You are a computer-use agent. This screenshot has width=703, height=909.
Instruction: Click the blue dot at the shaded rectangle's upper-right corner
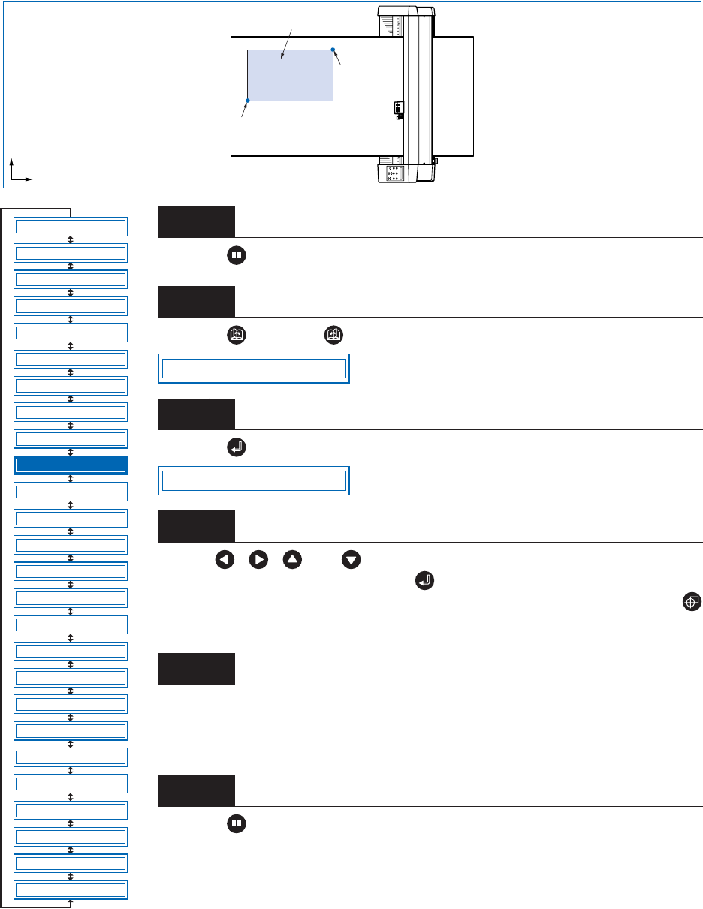pos(333,50)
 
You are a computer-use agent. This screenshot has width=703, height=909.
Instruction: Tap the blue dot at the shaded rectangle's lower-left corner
pos(248,100)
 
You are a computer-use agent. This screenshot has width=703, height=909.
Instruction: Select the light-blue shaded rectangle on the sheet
pos(290,75)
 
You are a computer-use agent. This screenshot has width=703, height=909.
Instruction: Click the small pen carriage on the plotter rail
pos(397,110)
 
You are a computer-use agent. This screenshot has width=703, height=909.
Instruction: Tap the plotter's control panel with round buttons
pos(392,174)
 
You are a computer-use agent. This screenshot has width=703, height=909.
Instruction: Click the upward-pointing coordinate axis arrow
pos(11,165)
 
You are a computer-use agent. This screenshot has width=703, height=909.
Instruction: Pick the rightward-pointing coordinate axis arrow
pos(26,179)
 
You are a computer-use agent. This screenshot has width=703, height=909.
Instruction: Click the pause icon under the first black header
pos(236,255)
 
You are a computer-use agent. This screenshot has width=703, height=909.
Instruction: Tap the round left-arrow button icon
pos(224,560)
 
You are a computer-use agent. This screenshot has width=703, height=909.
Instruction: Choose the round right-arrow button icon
pos(258,560)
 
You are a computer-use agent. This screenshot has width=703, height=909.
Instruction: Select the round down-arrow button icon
pos(351,560)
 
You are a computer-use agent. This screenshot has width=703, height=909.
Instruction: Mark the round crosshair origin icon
pos(692,601)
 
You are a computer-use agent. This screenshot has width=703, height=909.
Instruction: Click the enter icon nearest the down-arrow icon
pos(424,580)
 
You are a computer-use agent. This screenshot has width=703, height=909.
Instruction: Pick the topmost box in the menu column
pos(71,226)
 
